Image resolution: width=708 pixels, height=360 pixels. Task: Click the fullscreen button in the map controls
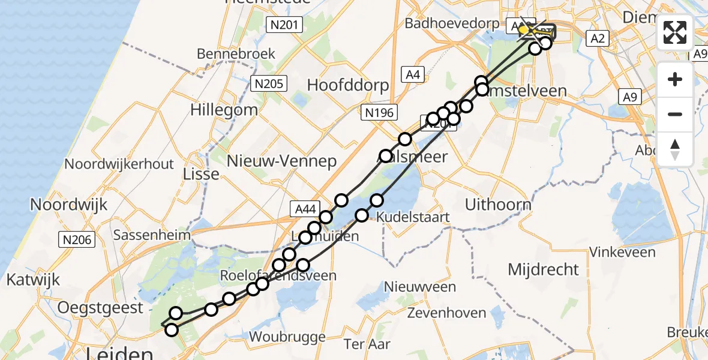[675, 32]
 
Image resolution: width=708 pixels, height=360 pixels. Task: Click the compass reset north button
[675, 149]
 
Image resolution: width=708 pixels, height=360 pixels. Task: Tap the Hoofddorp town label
[348, 85]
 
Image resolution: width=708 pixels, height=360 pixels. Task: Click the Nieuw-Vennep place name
[282, 161]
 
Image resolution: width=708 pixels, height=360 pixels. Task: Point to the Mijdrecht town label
[544, 269]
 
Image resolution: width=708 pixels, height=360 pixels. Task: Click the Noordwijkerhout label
[119, 164]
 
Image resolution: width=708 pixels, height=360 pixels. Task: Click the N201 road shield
[284, 24]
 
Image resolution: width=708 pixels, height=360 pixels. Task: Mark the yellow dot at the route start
[524, 29]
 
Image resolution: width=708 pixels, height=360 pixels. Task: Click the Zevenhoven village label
[446, 313]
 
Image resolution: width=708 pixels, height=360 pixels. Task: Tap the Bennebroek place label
[236, 53]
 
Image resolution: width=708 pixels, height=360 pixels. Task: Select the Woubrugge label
[287, 336]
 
